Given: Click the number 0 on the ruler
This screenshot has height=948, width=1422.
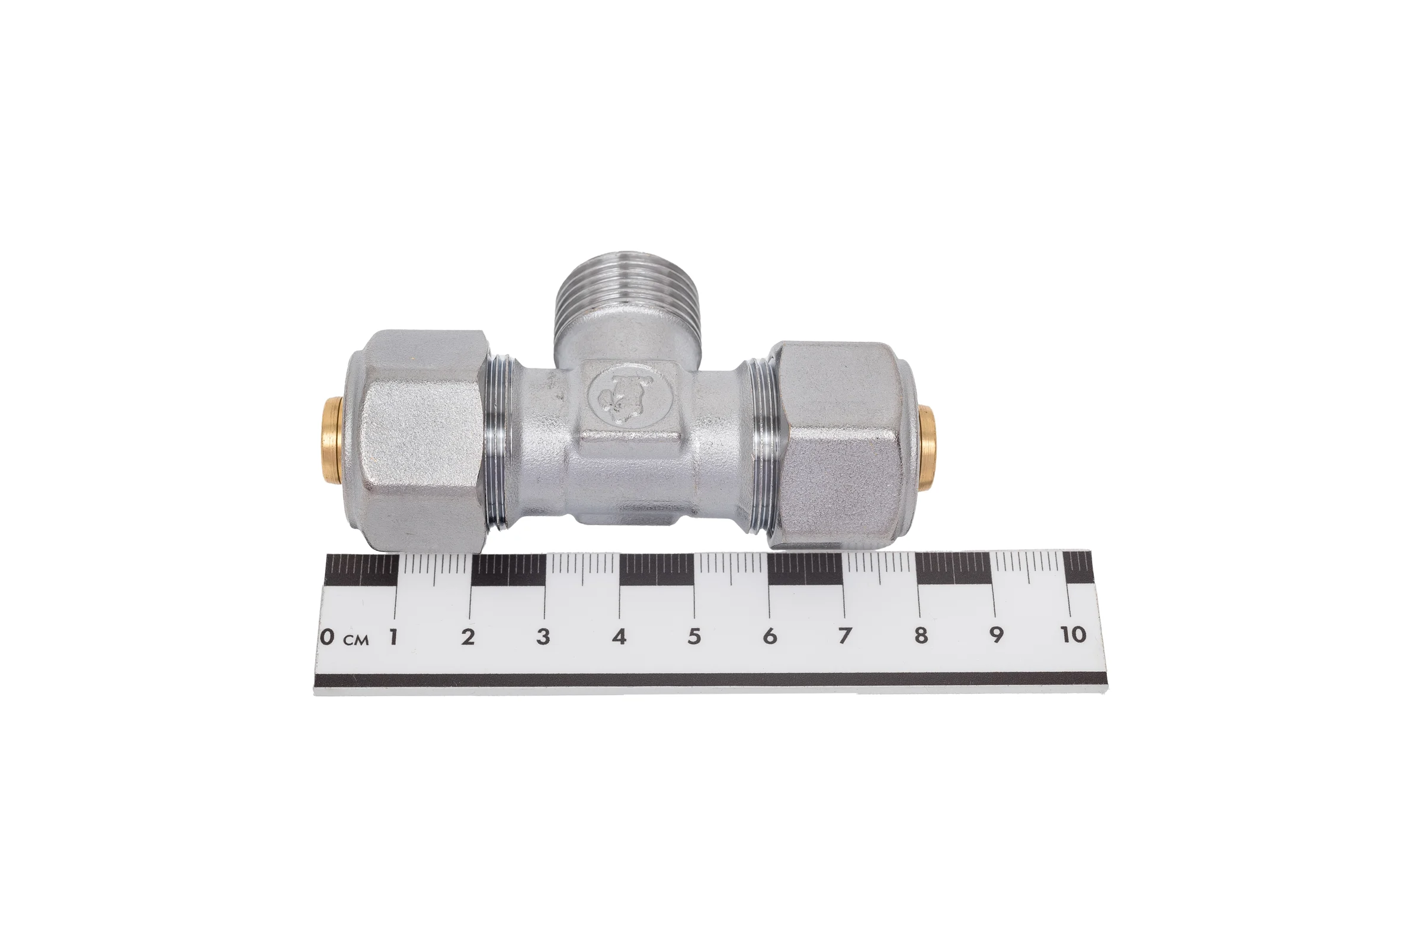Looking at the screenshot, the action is (x=327, y=636).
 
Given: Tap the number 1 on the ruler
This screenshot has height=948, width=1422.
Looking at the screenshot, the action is (x=393, y=636).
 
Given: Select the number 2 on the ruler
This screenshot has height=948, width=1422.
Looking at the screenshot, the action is (x=467, y=636).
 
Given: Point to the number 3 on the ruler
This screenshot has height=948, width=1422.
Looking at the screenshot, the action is (x=543, y=636).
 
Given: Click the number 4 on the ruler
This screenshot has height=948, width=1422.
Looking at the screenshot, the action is (x=619, y=636).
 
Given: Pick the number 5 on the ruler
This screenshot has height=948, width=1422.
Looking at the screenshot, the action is (x=694, y=636).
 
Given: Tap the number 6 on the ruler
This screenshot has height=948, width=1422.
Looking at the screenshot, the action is (x=769, y=636).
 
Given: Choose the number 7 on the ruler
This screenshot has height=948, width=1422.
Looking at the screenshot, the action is (x=845, y=636).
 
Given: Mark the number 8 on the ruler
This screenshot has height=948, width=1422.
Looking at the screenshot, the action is (x=920, y=635).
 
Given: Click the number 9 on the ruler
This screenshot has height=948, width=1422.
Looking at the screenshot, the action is (x=996, y=635).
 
